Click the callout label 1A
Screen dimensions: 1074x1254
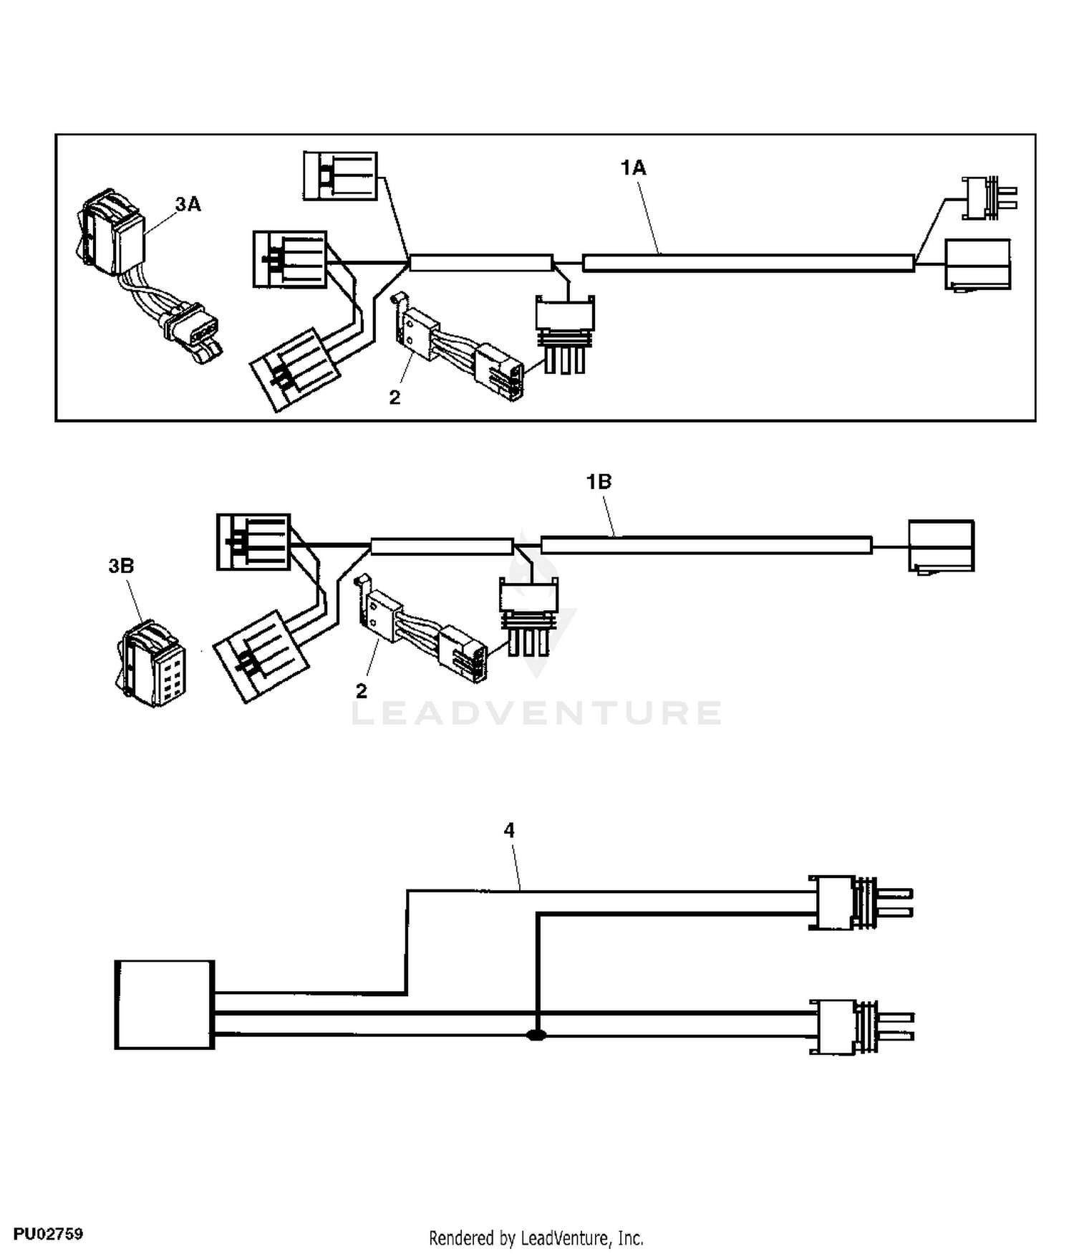tap(633, 168)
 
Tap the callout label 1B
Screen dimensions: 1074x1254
tap(599, 482)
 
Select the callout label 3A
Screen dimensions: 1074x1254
tap(188, 204)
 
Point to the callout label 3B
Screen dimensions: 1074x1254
tap(121, 566)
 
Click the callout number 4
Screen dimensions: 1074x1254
tap(509, 830)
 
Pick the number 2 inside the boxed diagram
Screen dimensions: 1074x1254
tap(395, 397)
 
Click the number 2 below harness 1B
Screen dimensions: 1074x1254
tap(361, 691)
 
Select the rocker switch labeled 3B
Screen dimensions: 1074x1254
tap(151, 663)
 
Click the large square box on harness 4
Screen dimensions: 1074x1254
tap(165, 1005)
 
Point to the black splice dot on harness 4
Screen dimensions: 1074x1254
tap(536, 1035)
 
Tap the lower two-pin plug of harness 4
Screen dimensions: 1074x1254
tap(861, 1027)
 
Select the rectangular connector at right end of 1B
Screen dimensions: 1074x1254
tap(941, 546)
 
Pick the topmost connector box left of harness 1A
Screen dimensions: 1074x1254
tap(340, 175)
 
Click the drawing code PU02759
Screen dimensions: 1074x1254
tap(48, 1234)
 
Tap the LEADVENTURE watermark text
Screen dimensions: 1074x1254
tap(537, 713)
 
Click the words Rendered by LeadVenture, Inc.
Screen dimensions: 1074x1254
tap(536, 1238)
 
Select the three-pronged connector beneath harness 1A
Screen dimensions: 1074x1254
tap(566, 334)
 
